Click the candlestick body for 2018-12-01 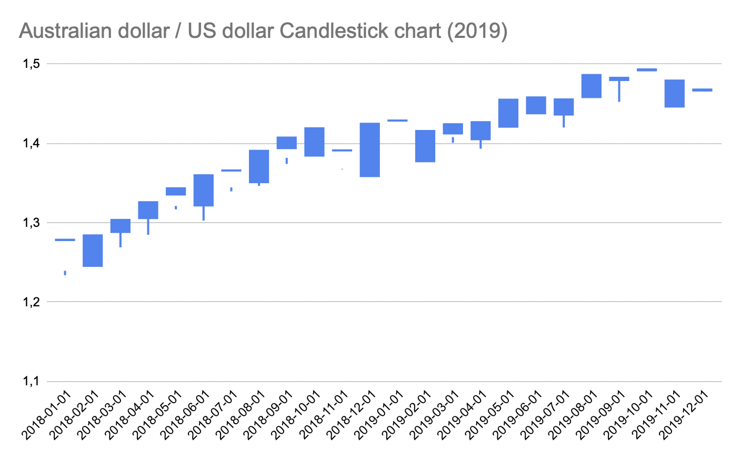tap(370, 150)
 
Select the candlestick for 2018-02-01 tap(93, 251)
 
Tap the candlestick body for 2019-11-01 tap(675, 94)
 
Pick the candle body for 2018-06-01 tap(204, 190)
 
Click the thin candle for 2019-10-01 tap(647, 69)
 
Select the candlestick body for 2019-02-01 tap(425, 146)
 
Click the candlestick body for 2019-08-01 tap(592, 86)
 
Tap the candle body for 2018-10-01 tap(315, 142)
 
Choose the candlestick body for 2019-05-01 tap(508, 113)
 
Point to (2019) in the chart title tap(477, 32)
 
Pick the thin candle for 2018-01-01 tap(65, 240)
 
